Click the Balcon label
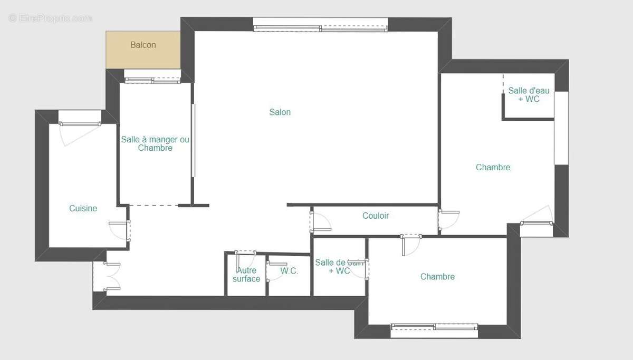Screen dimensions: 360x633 pyautogui.click(x=143, y=45)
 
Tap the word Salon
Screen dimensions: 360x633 pyautogui.click(x=280, y=112)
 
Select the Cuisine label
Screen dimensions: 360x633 pyautogui.click(x=83, y=208)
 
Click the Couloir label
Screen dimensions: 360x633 pyautogui.click(x=376, y=216)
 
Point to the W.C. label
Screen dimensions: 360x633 pyautogui.click(x=289, y=271)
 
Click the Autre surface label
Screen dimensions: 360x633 pyautogui.click(x=246, y=275)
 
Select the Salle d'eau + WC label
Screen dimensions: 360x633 pyautogui.click(x=529, y=95)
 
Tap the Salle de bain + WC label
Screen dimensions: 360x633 pyautogui.click(x=339, y=266)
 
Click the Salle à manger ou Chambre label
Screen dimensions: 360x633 pyautogui.click(x=155, y=143)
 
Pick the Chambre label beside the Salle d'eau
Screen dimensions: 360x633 pyautogui.click(x=493, y=167)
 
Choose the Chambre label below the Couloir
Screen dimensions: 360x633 pyautogui.click(x=437, y=277)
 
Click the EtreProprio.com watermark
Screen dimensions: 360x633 pyautogui.click(x=50, y=18)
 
